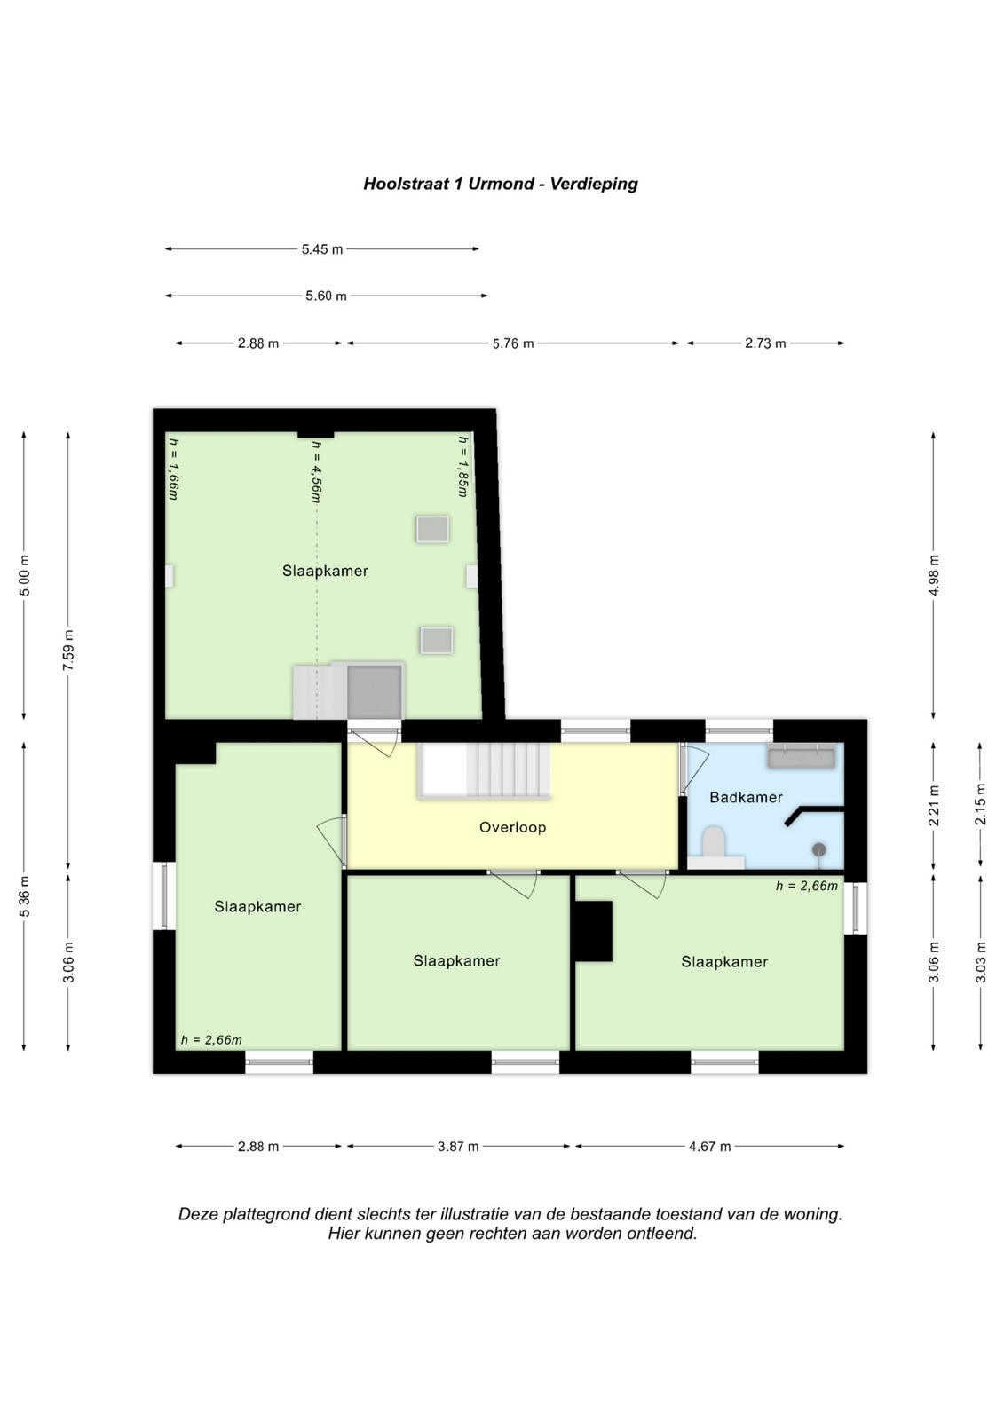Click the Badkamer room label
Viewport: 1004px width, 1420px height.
[x=745, y=797]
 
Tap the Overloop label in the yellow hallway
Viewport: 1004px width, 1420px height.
[x=512, y=826]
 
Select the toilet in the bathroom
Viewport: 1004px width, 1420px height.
[x=715, y=846]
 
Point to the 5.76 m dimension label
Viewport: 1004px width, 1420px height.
[x=513, y=343]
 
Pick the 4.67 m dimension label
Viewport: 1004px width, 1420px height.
[x=709, y=1146]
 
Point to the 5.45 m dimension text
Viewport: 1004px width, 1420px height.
[x=322, y=249]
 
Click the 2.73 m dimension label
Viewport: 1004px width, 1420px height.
[x=765, y=343]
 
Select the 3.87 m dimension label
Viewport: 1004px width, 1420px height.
[x=458, y=1146]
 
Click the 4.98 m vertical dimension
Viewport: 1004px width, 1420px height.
[x=934, y=575]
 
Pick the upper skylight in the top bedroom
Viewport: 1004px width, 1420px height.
[x=432, y=529]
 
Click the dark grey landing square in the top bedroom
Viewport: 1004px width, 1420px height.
[x=375, y=691]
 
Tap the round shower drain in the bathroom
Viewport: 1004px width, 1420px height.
[x=819, y=848]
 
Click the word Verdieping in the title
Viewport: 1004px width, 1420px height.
[x=594, y=185]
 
